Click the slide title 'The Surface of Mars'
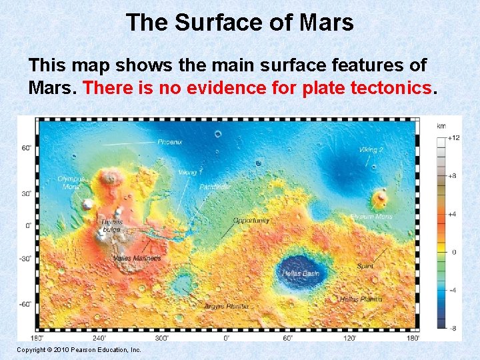tap(239, 23)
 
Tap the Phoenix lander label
tap(170, 142)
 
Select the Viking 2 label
tap(371, 150)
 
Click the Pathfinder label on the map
tap(215, 188)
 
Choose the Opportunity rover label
tap(251, 221)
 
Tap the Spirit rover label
tap(365, 266)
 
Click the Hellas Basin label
tap(301, 273)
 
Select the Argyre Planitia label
tap(227, 306)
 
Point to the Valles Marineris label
tap(137, 258)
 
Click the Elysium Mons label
tap(371, 217)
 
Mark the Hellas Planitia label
tap(361, 299)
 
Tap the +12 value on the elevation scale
tap(453, 138)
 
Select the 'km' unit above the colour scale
tap(441, 126)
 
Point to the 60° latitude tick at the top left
tap(26, 148)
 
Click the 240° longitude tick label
tap(99, 338)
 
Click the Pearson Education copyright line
tap(79, 349)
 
